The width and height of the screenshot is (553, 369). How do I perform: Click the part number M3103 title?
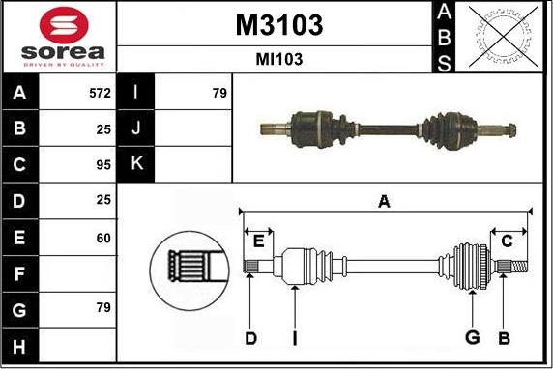[278, 24]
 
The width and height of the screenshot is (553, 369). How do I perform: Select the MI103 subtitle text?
[278, 59]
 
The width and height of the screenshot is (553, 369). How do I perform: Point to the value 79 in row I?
[218, 93]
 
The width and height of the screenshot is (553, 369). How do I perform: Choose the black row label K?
[136, 164]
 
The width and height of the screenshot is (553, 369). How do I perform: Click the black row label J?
[136, 128]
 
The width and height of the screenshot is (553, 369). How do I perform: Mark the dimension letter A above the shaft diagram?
[384, 202]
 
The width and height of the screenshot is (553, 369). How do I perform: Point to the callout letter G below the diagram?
[472, 337]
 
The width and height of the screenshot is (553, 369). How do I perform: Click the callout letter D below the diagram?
[250, 337]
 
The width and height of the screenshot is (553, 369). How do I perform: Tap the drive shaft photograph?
[391, 128]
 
